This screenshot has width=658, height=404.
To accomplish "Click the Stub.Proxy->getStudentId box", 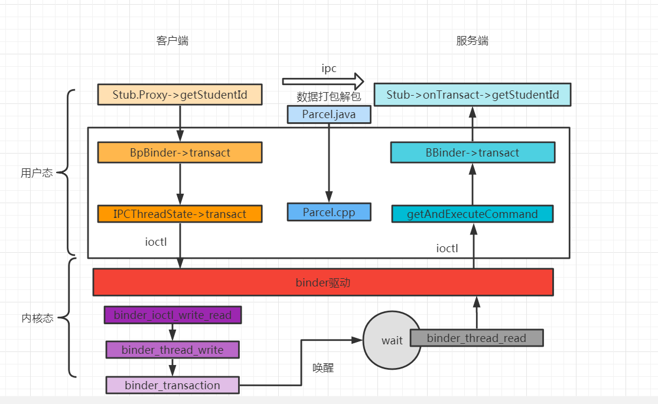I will coord(180,95).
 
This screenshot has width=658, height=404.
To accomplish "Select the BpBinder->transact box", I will coord(180,152).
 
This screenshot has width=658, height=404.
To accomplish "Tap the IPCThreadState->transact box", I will coord(180,214).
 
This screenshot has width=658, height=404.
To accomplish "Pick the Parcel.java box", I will coord(329,114).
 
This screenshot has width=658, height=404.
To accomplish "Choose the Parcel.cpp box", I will coord(329,211).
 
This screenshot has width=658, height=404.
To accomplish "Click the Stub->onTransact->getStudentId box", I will coord(473,95).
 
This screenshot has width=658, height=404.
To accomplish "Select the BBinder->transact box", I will coord(473,152).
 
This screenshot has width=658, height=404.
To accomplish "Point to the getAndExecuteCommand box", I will coord(473,214).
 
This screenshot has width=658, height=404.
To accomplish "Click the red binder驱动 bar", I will coord(323,282).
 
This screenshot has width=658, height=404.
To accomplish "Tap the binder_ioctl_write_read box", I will coord(172,315).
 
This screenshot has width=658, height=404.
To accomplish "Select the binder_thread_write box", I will coord(172,350).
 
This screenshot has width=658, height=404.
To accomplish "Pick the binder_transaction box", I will coord(172,385).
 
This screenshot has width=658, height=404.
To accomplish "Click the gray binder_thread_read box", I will coord(476,338).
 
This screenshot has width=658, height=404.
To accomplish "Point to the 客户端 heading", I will coord(172,41).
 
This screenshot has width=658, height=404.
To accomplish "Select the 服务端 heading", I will coord(473,41).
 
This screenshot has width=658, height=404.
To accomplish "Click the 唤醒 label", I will coord(323,367).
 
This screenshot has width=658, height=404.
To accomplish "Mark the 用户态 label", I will coord(37,173).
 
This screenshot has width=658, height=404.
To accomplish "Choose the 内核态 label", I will coord(37,318).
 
